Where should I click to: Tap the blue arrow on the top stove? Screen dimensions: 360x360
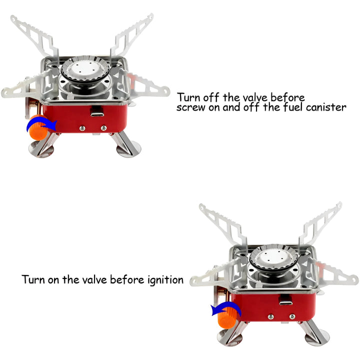41,124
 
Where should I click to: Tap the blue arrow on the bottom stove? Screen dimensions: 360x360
226,309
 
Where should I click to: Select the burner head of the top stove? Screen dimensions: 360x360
85,69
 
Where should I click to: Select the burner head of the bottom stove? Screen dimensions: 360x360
273,258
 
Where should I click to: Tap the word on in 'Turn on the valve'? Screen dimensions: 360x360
54,280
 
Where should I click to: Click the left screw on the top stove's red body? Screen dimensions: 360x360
82,128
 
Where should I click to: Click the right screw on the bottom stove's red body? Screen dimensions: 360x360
292,317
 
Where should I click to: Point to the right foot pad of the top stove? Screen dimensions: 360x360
129,149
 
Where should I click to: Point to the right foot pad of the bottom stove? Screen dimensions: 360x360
317,337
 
